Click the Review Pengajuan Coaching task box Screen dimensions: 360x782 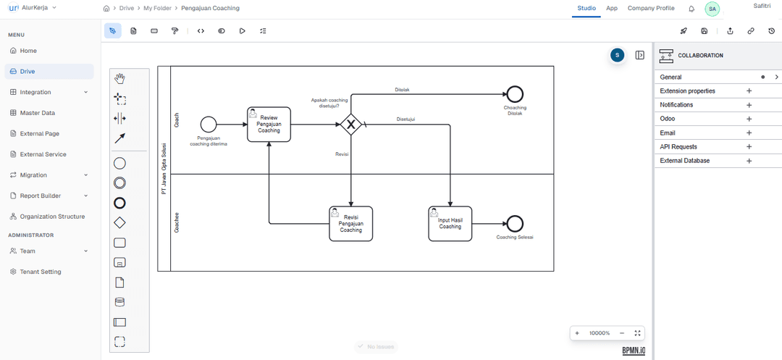click(x=269, y=125)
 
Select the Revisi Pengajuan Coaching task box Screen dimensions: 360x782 click(x=351, y=224)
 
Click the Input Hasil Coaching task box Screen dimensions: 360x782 click(x=450, y=224)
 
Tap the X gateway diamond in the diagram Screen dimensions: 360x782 click(x=351, y=125)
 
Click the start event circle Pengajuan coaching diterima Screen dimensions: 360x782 click(x=209, y=125)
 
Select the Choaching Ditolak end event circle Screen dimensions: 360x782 click(x=515, y=94)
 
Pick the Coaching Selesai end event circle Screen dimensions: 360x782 click(x=515, y=224)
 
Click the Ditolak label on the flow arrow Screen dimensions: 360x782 click(x=403, y=90)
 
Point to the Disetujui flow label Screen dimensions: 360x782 click(x=405, y=120)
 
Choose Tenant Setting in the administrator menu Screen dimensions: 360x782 click(x=41, y=272)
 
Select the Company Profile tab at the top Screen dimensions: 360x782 click(x=650, y=9)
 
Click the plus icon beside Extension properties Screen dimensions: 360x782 click(x=749, y=91)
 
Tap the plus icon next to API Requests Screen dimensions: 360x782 click(x=749, y=147)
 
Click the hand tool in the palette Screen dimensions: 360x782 click(x=120, y=78)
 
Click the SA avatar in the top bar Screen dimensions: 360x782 click(x=712, y=9)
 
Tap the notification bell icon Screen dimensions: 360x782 click(x=691, y=9)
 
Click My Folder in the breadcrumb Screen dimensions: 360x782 click(x=157, y=9)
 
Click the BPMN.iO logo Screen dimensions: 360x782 click(x=633, y=351)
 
